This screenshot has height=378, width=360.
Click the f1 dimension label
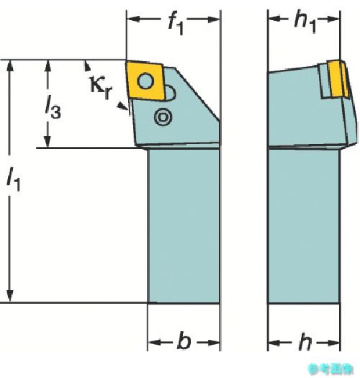click(x=176, y=24)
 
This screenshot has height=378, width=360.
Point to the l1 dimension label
click(x=14, y=179)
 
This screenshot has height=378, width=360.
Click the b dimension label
click(x=184, y=341)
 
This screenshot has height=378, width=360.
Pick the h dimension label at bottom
click(x=305, y=341)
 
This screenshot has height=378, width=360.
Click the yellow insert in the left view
click(x=145, y=80)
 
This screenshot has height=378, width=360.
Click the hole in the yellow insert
click(x=145, y=81)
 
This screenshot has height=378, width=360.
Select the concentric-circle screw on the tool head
click(x=163, y=117)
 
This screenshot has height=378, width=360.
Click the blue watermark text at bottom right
click(x=330, y=369)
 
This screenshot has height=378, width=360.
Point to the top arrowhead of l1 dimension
click(x=9, y=66)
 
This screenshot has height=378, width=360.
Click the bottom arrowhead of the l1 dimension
click(x=9, y=296)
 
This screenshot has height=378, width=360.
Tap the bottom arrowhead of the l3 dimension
click(x=48, y=142)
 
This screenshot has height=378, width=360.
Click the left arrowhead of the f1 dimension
click(x=133, y=19)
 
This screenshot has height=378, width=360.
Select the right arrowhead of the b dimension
click(x=213, y=342)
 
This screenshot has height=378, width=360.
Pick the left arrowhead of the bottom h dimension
click(x=274, y=342)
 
